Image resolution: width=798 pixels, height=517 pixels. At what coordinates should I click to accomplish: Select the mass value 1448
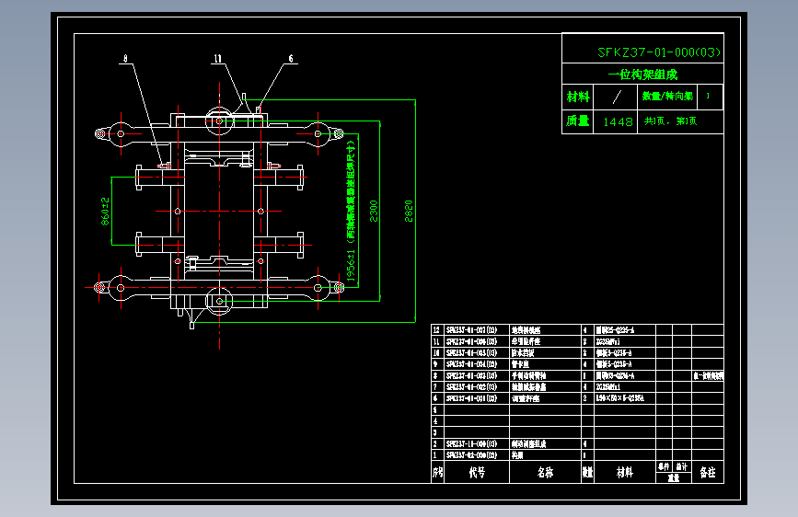click(618, 121)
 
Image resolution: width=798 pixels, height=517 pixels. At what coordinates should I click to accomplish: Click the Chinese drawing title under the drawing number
click(642, 75)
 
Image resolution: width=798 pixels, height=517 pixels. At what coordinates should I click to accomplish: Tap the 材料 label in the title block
click(578, 97)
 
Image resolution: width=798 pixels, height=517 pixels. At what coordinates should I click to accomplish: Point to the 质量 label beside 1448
click(578, 121)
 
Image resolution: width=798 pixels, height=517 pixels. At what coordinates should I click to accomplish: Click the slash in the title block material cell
click(618, 97)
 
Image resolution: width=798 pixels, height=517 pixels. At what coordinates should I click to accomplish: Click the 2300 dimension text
click(373, 211)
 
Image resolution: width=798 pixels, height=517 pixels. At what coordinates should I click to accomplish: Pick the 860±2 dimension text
click(105, 211)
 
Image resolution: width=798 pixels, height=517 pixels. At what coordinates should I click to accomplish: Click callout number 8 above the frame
click(125, 59)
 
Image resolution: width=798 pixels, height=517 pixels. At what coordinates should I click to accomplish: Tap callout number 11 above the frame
click(218, 59)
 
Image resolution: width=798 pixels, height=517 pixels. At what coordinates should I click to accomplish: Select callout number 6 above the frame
click(291, 59)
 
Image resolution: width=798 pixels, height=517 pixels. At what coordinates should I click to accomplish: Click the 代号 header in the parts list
click(476, 473)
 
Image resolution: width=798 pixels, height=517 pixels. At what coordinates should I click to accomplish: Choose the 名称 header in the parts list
click(544, 473)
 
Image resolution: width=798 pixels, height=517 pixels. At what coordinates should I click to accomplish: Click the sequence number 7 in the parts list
click(437, 386)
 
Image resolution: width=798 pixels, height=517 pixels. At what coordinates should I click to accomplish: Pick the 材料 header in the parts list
click(624, 473)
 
